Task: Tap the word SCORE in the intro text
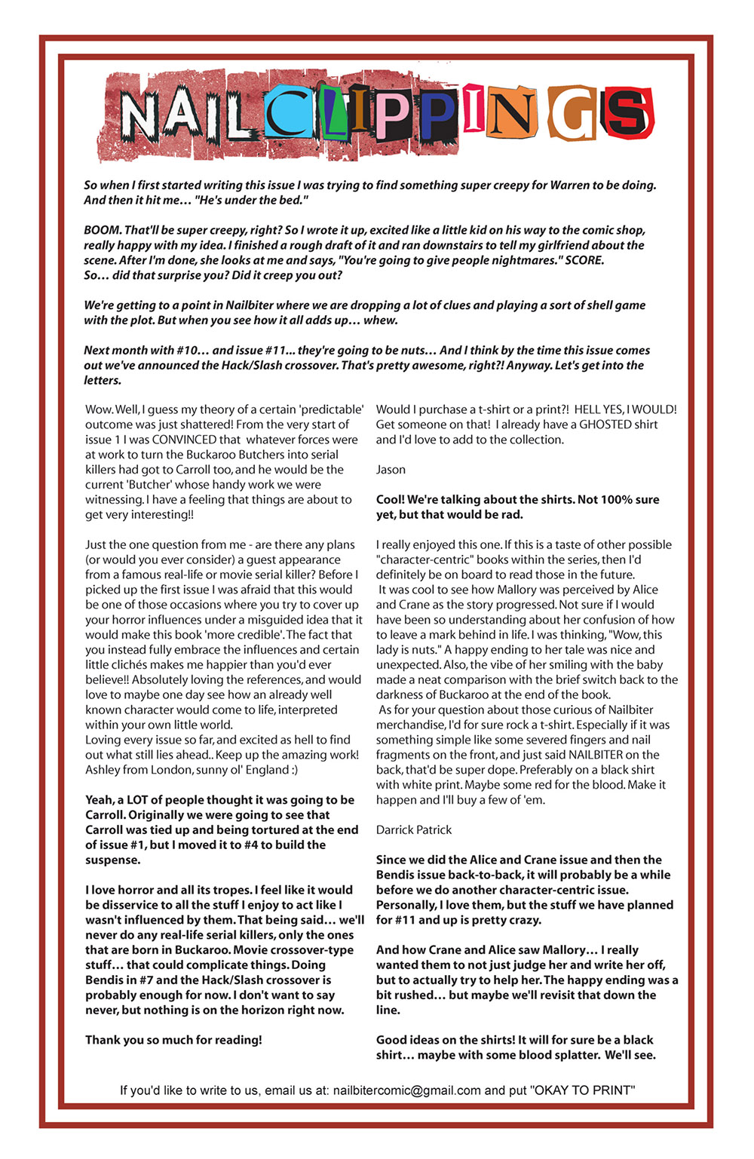point(584,260)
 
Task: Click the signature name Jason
point(391,470)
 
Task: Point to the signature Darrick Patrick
point(414,829)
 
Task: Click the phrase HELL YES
point(598,409)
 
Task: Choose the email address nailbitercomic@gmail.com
point(406,1090)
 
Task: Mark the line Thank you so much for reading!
point(173,1040)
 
